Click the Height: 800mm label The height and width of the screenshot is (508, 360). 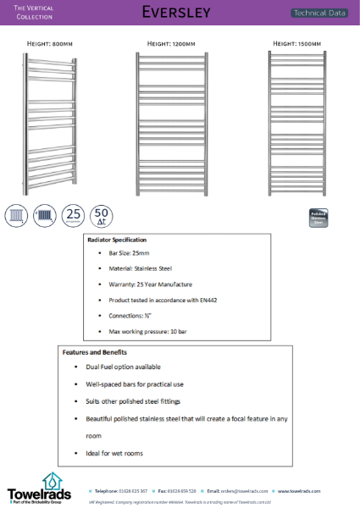pyautogui.click(x=52, y=42)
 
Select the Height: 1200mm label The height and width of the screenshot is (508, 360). pyautogui.click(x=171, y=42)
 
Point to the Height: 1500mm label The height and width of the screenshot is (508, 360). pyautogui.click(x=296, y=42)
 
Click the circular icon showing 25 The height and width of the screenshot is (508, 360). pyautogui.click(x=74, y=215)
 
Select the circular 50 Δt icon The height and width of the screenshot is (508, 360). pyautogui.click(x=102, y=215)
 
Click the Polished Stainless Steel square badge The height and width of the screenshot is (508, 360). pyautogui.click(x=318, y=217)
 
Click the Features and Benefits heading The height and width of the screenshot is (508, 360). pyautogui.click(x=95, y=351)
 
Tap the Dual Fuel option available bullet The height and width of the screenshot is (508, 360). pyautogui.click(x=123, y=367)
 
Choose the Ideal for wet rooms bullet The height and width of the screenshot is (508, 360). pyautogui.click(x=114, y=453)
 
